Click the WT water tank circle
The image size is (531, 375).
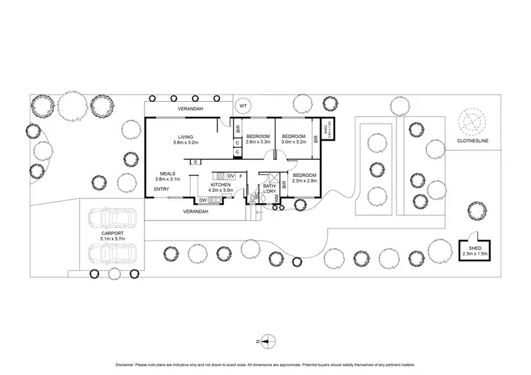243,105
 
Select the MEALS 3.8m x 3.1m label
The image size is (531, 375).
168,176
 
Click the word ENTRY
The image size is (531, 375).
161,189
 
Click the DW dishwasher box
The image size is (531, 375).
202,200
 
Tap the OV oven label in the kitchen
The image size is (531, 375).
231,176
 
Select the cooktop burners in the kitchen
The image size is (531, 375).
220,176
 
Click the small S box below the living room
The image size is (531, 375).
193,161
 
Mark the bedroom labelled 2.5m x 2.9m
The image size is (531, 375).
305,178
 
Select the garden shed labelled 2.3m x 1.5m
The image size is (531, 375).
471,248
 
